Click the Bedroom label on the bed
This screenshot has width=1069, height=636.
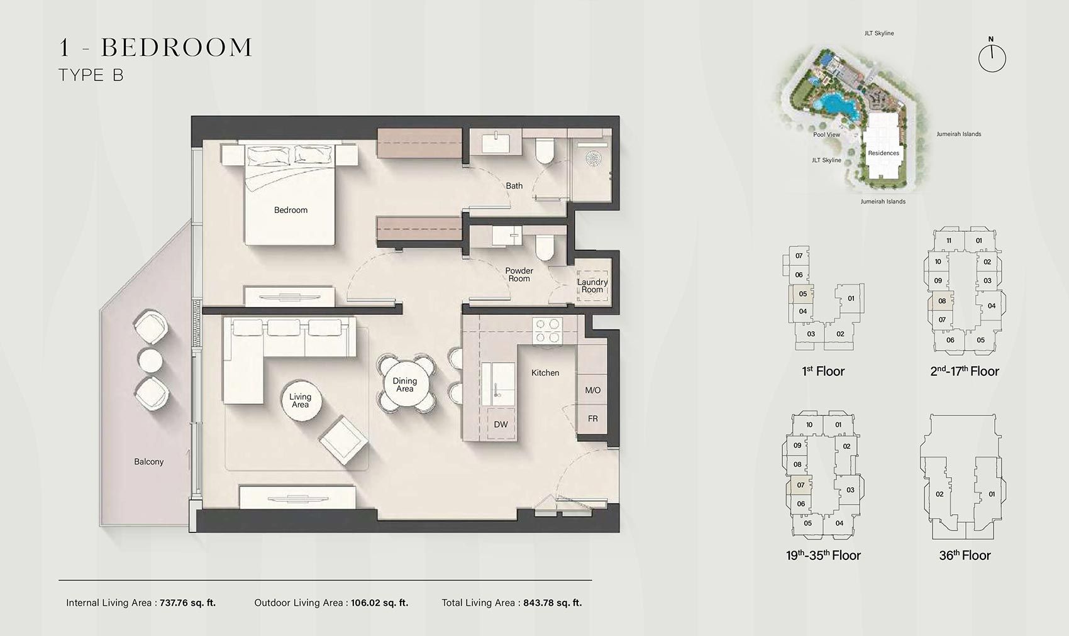pos(291,210)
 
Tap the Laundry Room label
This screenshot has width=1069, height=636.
pos(592,286)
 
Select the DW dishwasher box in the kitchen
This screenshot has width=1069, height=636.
pos(501,424)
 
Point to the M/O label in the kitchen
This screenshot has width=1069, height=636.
pos(593,390)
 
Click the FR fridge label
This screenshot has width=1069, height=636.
pos(593,419)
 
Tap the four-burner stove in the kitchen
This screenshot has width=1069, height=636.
pos(547,331)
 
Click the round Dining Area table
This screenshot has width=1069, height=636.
pos(405,385)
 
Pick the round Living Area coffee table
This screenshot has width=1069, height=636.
pos(300,400)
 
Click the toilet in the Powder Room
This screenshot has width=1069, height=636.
pos(545,247)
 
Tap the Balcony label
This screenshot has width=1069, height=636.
pos(149,462)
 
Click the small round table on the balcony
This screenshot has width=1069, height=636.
pos(152,360)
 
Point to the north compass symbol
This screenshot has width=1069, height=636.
pos(992,58)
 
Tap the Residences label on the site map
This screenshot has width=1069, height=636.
pos(883,153)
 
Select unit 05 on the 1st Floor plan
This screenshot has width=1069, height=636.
pos(803,294)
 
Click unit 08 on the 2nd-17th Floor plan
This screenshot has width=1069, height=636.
pos(942,301)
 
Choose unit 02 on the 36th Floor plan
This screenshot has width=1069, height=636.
pos(939,495)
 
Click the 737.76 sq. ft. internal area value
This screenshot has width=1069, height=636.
pos(187,603)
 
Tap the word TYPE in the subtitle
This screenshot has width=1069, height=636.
pos(80,75)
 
